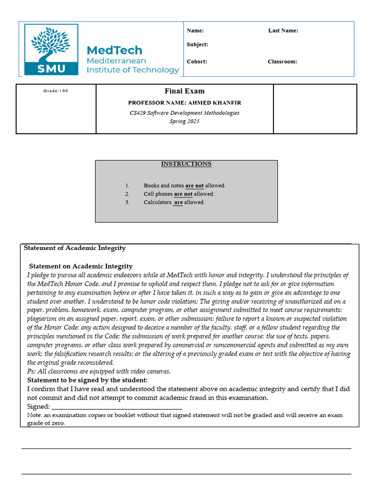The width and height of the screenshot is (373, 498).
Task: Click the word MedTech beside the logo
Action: click(114, 50)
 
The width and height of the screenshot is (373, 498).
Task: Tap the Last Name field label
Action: click(283, 31)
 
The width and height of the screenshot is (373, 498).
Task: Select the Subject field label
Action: click(197, 45)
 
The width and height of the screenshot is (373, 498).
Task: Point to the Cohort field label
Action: click(197, 62)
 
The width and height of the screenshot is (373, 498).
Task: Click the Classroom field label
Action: click(282, 62)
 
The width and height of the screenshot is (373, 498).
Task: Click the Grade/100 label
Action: click(56, 91)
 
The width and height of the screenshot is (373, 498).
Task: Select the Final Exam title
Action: click(185, 91)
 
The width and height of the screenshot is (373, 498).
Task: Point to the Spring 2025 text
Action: click(185, 121)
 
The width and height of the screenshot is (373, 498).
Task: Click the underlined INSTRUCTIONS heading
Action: click(186, 164)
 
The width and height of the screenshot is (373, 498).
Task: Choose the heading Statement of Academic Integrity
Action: click(75, 248)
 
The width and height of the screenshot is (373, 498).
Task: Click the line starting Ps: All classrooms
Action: click(99, 372)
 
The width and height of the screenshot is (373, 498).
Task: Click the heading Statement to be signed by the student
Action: click(87, 380)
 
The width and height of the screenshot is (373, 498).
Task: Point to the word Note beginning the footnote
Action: click(34, 415)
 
